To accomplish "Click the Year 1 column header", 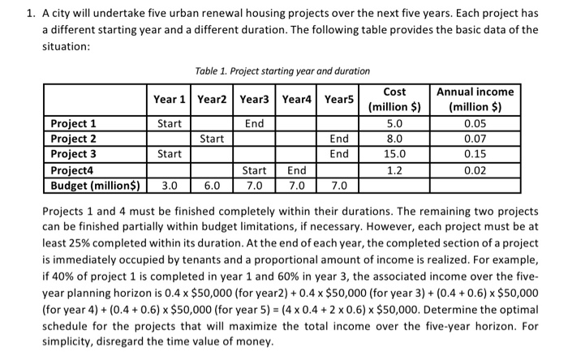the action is point(170,100).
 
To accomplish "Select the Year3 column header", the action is point(255,100).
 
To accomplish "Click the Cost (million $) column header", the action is point(394,99).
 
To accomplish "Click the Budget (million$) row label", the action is point(94,184).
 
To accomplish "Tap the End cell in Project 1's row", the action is point(255,124).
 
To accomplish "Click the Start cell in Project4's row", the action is point(255,169).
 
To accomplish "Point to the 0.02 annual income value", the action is point(475,169).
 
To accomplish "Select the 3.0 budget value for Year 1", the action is point(170,185).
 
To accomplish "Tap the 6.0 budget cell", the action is point(212,185).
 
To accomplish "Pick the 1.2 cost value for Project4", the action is point(394,169).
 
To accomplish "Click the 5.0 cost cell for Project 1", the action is point(394,124).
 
